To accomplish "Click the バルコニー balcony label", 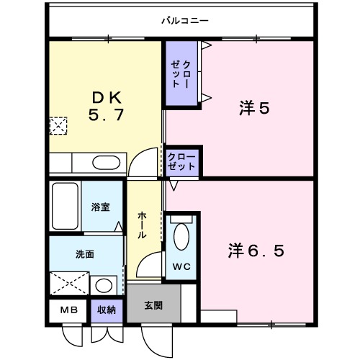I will click(x=184, y=20).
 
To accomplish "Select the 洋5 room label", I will click(x=254, y=109).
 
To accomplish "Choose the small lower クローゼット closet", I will click(x=182, y=161).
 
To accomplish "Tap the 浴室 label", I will click(x=101, y=207).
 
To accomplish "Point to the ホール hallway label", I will click(x=143, y=225).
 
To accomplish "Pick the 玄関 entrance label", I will click(x=153, y=305).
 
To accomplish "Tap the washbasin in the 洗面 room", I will click(x=105, y=284).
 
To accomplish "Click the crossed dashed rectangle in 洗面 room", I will click(x=69, y=284).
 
